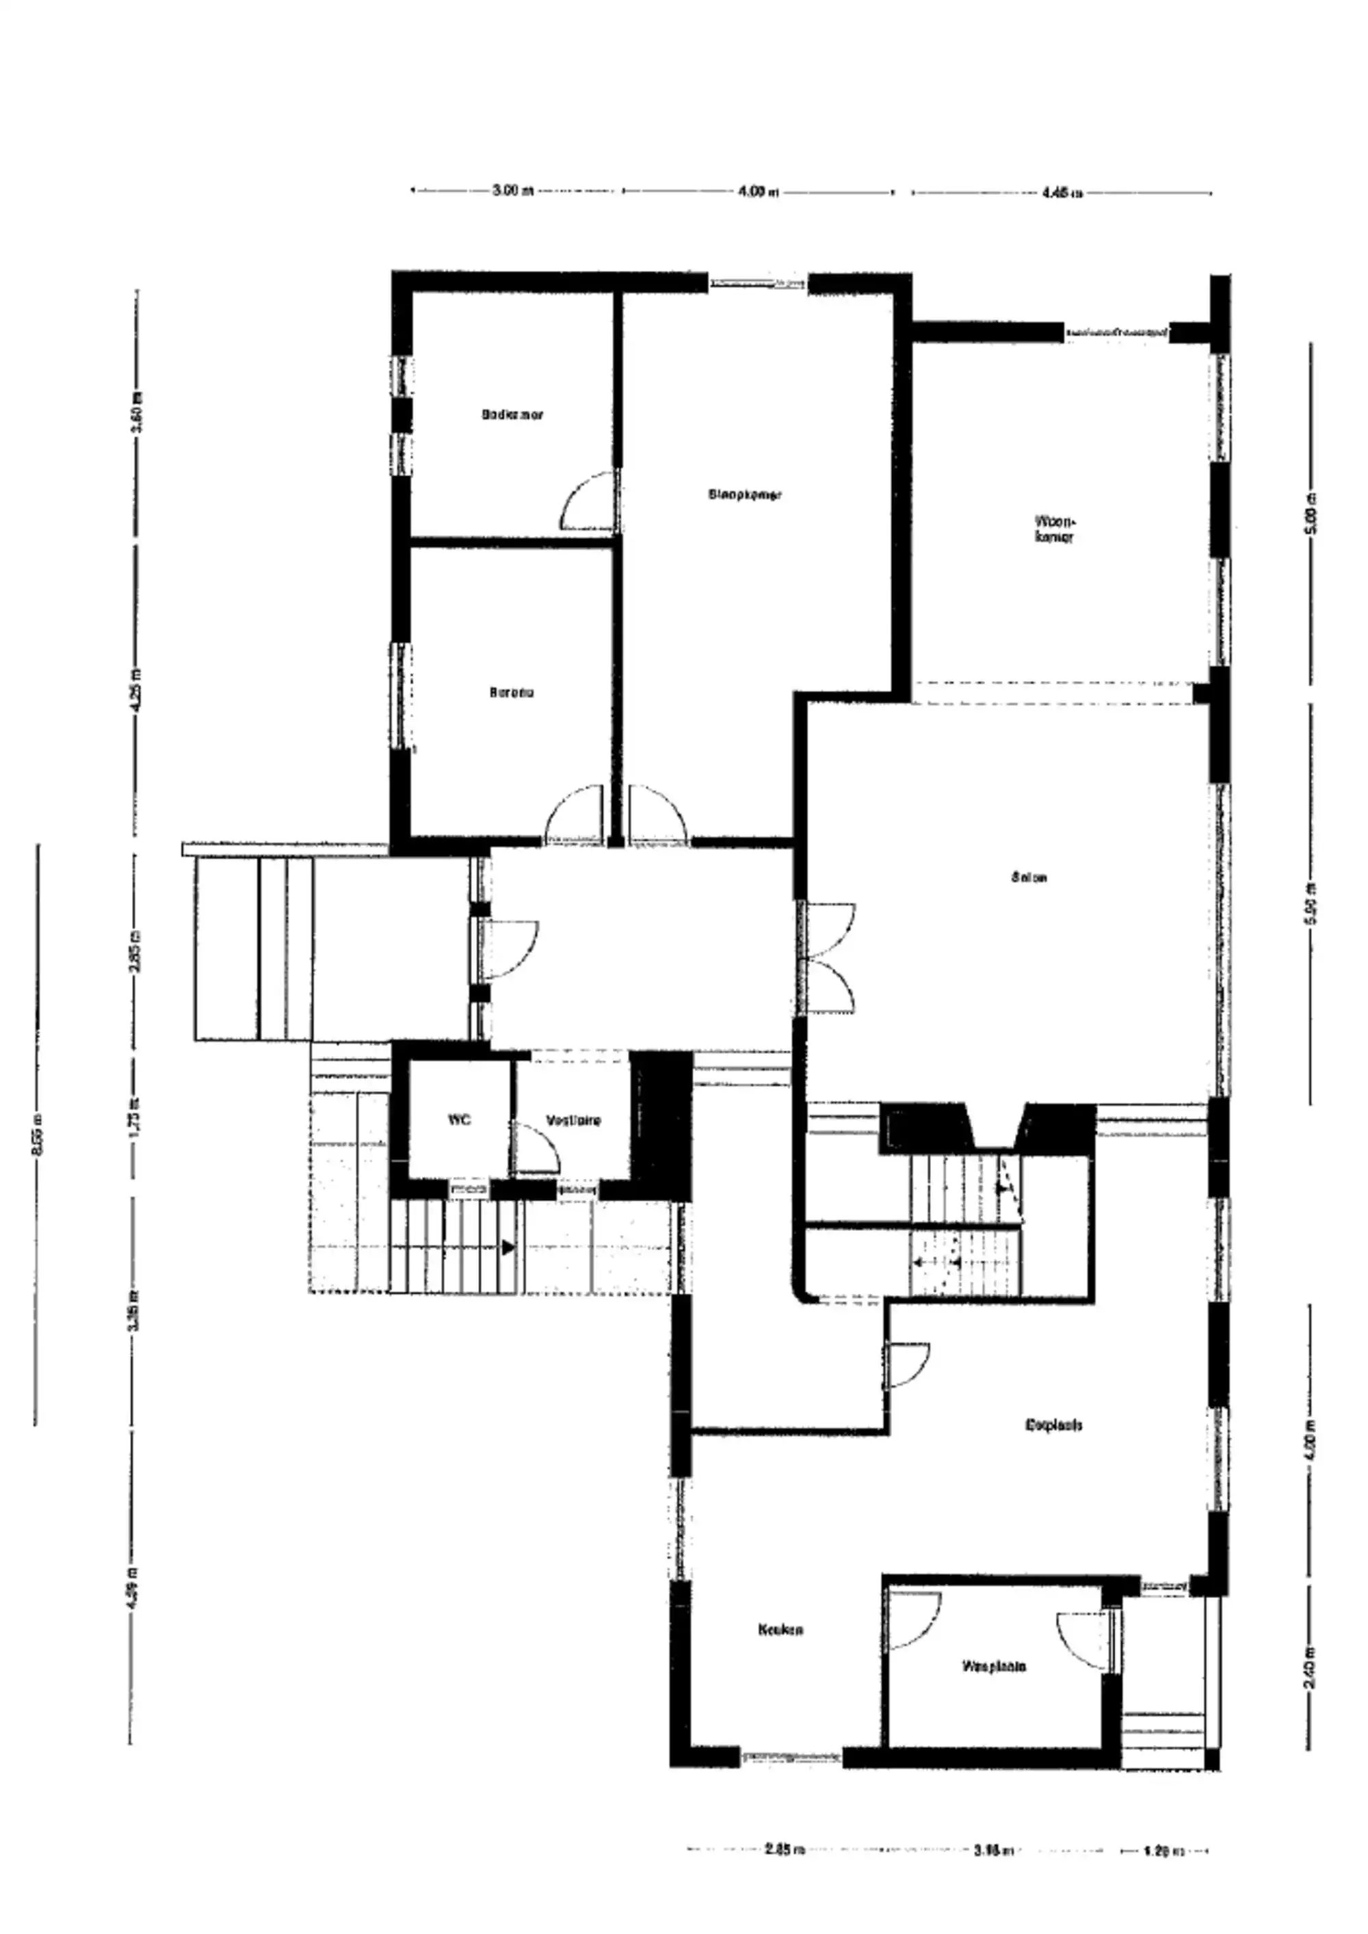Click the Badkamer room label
[512, 414]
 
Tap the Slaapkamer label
[745, 494]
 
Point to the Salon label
[1029, 877]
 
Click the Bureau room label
[512, 692]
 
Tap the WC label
[459, 1120]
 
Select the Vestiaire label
[574, 1120]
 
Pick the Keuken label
[780, 1629]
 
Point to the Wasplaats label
[994, 1666]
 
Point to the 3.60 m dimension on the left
[137, 415]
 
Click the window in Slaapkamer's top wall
[757, 284]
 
